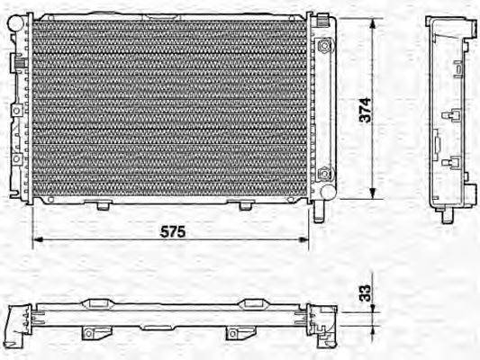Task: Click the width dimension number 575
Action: coord(173,231)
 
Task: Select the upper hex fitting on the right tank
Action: coord(325,45)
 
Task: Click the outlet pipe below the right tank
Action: coord(319,211)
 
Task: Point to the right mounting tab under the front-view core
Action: coord(245,205)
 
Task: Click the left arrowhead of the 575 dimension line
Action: coord(36,242)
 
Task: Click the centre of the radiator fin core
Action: coord(169,108)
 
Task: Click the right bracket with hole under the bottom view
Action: coord(233,333)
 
